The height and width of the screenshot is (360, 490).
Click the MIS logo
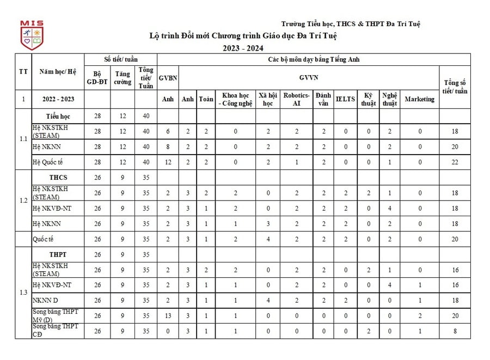click(x=32, y=35)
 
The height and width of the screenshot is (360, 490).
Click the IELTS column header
click(x=345, y=99)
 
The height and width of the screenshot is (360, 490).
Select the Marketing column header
click(x=419, y=99)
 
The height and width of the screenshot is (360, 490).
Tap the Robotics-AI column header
click(x=297, y=99)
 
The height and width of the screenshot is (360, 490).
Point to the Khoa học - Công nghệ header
click(x=235, y=99)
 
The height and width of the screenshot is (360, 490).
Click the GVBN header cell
click(x=168, y=78)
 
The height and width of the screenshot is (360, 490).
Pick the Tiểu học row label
click(x=58, y=117)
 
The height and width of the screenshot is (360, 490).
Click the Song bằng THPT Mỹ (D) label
click(x=54, y=315)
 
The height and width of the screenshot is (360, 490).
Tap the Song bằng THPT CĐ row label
click(x=54, y=330)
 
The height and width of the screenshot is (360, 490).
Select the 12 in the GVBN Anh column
click(x=168, y=162)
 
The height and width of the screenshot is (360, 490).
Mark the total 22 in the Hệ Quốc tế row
click(x=455, y=162)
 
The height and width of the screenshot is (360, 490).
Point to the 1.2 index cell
click(x=23, y=200)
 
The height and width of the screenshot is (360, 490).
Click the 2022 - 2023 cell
click(x=58, y=99)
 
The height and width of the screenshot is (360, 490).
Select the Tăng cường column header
click(x=122, y=78)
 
